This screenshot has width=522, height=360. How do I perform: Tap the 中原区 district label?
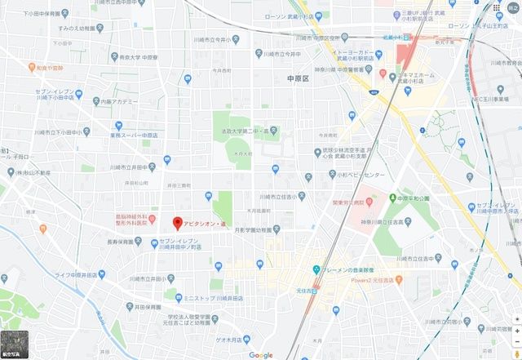[x=300, y=79]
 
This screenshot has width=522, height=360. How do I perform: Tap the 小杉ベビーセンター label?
[x=355, y=175]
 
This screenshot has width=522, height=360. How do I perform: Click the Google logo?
[x=261, y=355]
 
